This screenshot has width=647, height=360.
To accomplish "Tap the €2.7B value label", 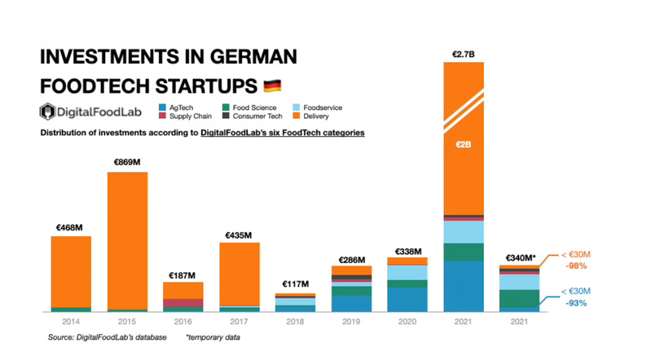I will pos(463,55).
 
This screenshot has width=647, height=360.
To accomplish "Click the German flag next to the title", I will pos(273,86).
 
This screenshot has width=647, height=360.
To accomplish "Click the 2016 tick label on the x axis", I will pos(183,322).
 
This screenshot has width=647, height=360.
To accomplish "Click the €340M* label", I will pos(519,258).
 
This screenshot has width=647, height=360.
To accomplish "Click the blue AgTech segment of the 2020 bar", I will pos(407,299).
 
